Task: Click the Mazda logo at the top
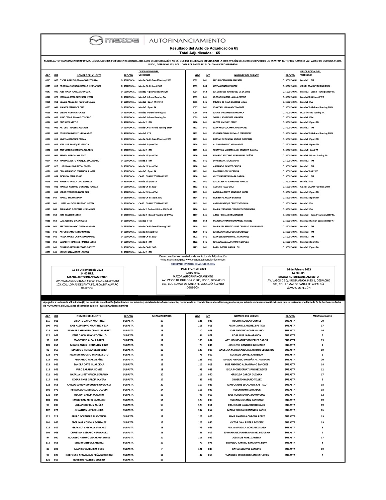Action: pyautogui.click(x=114, y=40)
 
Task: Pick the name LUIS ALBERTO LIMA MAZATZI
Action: pyautogui.click(x=227, y=81)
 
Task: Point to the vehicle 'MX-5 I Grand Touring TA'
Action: pyautogui.click(x=312, y=112)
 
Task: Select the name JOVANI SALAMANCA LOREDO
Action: pyautogui.click(x=74, y=252)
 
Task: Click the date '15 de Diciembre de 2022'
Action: pyautogui.click(x=88, y=270)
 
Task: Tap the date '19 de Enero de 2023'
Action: pyautogui.click(x=193, y=269)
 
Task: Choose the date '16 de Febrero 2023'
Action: pyautogui.click(x=299, y=269)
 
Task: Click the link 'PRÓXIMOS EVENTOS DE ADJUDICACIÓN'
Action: pyautogui.click(x=193, y=264)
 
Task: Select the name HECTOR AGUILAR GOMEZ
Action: pyautogui.click(x=247, y=321)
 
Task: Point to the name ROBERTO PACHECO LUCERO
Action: pyautogui.click(x=89, y=460)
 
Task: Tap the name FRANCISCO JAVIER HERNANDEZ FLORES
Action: pyautogui.click(x=247, y=455)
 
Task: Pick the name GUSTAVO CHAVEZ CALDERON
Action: pyautogui.click(x=247, y=355)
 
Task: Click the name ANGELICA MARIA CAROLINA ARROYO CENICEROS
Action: pyautogui.click(x=247, y=350)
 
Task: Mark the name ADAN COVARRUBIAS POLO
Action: pyautogui.click(x=89, y=449)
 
